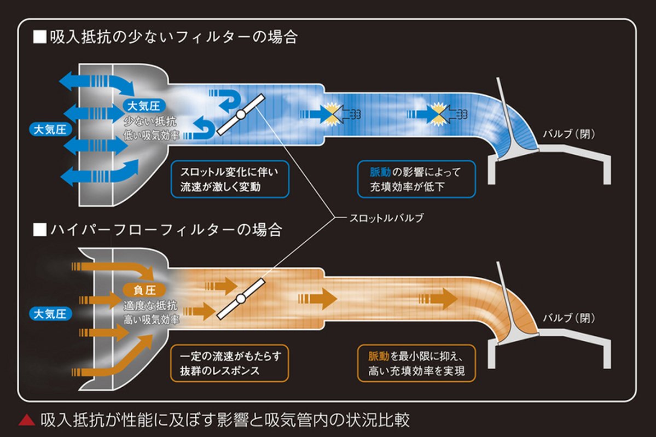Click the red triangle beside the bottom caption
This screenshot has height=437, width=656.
(26, 421)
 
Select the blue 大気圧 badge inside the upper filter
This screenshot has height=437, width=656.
(143, 106)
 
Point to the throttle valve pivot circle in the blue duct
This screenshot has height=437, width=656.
(240, 114)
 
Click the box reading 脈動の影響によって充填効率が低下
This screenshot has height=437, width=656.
(416, 179)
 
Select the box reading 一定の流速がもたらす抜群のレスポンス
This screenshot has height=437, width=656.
(230, 363)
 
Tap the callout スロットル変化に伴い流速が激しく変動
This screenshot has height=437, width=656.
(230, 179)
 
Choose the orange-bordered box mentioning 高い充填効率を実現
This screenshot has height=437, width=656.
(416, 363)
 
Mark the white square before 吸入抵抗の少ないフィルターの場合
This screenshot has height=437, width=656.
(39, 37)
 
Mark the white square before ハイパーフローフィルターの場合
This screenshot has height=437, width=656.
(39, 229)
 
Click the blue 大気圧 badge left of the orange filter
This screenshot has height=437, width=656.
(49, 314)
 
